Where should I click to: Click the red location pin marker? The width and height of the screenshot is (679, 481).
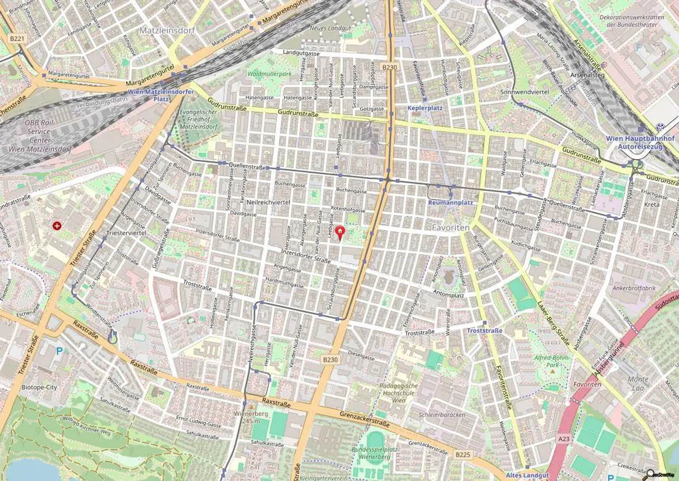339,232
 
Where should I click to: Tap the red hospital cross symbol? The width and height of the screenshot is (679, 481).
57,226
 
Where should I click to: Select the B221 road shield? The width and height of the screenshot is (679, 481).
17,38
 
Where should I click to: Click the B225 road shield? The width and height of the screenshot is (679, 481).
462,454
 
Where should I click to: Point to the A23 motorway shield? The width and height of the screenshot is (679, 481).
564,439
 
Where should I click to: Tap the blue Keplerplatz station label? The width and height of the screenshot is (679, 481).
425,108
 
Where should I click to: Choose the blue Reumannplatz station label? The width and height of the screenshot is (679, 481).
450,203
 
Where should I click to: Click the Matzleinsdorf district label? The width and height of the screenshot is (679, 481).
167,30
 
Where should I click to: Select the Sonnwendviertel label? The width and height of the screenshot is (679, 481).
524,92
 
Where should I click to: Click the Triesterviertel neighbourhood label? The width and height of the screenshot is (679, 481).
126,232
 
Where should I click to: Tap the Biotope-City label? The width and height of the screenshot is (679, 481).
39,387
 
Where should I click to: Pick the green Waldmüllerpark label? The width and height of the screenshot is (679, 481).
269,74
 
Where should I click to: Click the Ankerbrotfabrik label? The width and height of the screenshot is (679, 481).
634,288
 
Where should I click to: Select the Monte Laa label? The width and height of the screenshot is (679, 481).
638,383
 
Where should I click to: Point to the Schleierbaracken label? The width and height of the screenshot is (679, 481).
442,415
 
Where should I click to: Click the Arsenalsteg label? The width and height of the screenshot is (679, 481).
587,75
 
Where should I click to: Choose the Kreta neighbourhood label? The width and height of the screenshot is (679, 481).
652,205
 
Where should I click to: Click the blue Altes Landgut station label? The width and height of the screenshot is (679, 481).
527,475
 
